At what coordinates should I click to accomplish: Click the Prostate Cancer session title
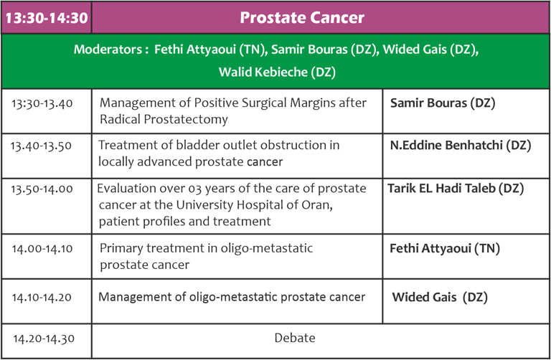click(302, 17)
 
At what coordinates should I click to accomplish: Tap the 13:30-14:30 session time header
click(47, 18)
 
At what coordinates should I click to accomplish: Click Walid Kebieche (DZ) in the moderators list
click(277, 72)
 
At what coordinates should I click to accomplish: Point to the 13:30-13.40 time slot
click(42, 103)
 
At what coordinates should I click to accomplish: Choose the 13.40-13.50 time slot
click(41, 146)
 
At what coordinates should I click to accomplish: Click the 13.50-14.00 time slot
click(42, 189)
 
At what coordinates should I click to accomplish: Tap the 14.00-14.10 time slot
click(42, 249)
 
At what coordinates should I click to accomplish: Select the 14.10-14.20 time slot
click(42, 298)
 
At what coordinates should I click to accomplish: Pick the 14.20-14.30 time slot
click(44, 339)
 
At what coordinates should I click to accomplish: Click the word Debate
click(295, 338)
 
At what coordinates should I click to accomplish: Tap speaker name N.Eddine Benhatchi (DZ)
click(461, 146)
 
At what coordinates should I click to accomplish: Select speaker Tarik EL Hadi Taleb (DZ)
click(456, 189)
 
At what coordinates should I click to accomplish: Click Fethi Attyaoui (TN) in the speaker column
click(445, 249)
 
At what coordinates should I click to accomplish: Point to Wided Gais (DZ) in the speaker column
click(440, 298)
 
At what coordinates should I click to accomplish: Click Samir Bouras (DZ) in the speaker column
click(443, 103)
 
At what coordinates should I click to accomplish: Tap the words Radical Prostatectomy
click(164, 120)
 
